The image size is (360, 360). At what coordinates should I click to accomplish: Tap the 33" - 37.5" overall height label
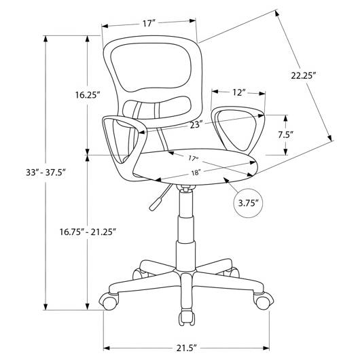point(46,173)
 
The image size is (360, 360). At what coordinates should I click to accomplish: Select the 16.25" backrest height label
point(88,94)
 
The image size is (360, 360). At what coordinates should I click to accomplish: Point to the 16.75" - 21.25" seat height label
point(87,232)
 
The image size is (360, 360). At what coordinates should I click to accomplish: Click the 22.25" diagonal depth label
point(302,75)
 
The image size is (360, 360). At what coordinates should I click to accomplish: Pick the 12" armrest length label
point(239,92)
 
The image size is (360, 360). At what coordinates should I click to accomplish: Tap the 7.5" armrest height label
point(286,134)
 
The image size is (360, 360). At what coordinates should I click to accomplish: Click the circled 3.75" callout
point(248,203)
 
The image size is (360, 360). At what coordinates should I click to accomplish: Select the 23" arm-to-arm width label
point(196,125)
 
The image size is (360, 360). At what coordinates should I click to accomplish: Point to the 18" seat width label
point(196,173)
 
